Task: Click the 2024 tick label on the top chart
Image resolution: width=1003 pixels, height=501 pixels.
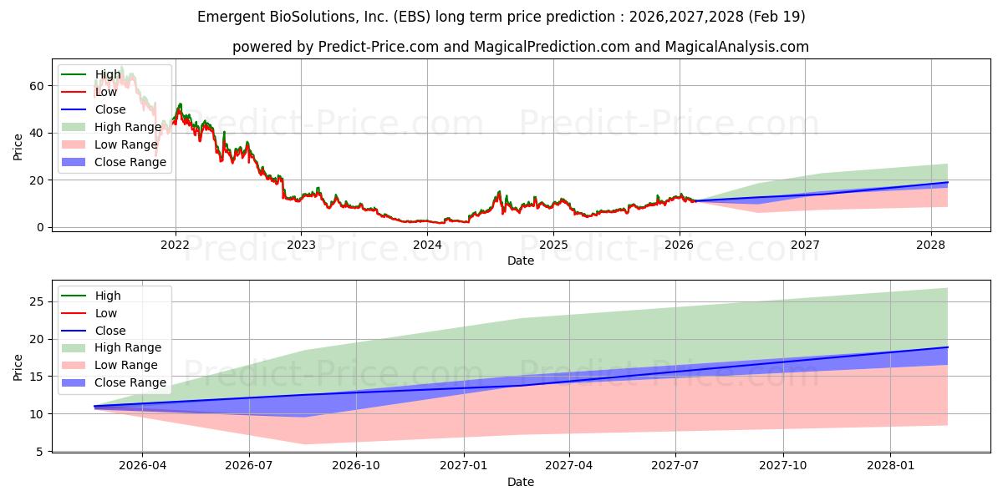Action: tap(427, 245)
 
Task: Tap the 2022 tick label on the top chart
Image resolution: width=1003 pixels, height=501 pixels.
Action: tap(175, 245)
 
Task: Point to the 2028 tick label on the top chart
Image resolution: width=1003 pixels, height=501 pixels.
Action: tap(931, 245)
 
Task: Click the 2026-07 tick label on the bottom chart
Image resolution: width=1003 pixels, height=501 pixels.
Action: tap(249, 466)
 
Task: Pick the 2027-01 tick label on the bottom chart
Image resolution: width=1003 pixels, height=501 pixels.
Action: tap(463, 466)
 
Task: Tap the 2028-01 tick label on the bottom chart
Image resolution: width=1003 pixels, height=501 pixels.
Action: tap(890, 466)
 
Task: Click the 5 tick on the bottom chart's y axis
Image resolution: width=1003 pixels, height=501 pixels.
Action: tap(40, 452)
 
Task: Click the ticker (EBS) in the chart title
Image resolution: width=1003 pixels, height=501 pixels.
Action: tap(412, 17)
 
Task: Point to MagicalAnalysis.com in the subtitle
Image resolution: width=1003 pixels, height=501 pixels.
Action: tap(737, 47)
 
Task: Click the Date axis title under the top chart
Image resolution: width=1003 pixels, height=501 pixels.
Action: tap(521, 261)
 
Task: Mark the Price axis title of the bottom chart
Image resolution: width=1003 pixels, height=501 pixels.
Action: tap(18, 367)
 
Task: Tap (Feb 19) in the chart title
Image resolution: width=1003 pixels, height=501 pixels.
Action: tap(776, 17)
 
